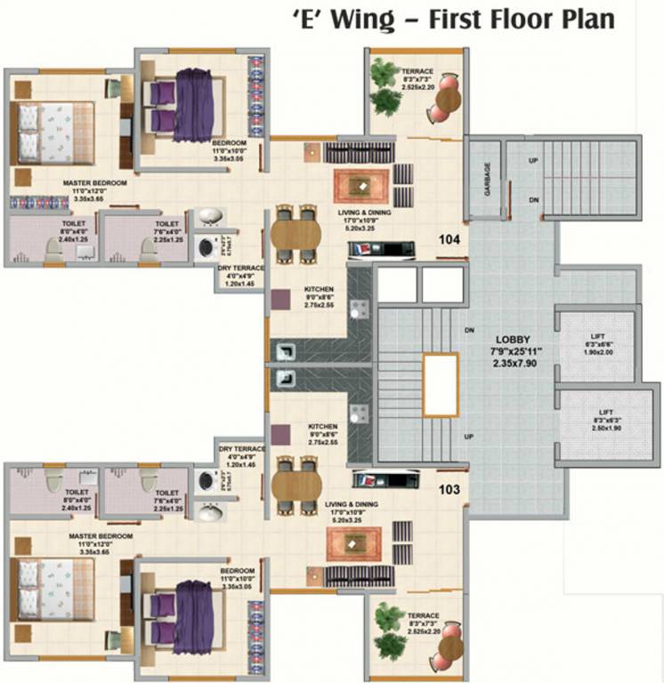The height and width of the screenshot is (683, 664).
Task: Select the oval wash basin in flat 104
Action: click(208, 217)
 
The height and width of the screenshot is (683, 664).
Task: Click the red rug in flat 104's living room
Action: click(361, 185)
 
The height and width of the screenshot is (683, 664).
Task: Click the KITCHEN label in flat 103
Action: click(321, 426)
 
